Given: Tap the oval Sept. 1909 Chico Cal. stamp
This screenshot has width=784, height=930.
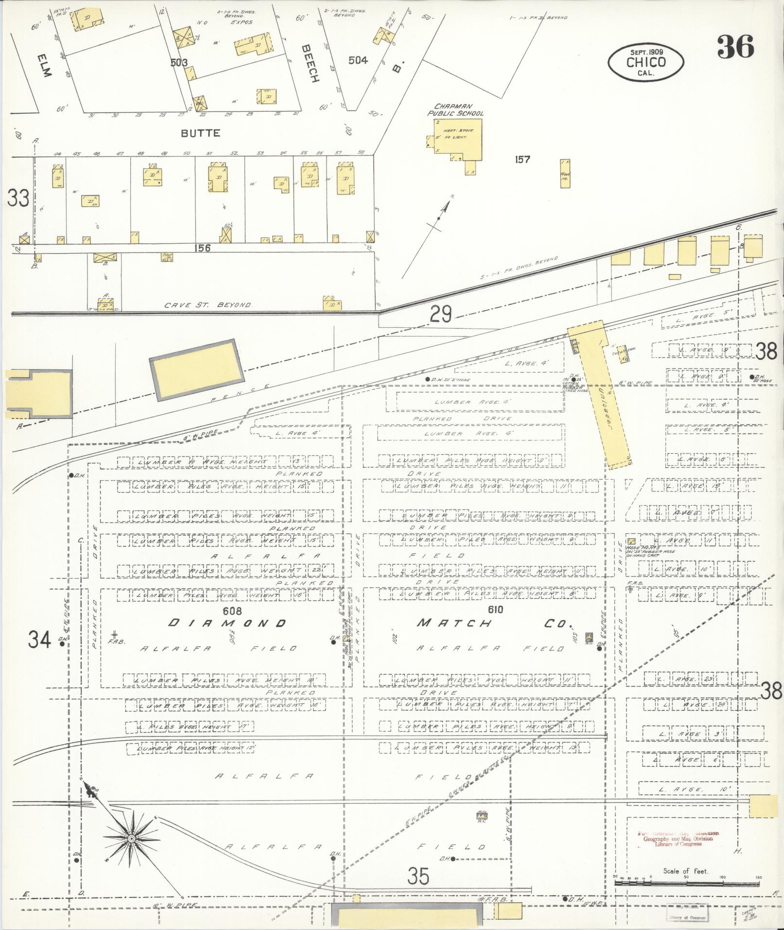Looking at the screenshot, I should [x=645, y=62].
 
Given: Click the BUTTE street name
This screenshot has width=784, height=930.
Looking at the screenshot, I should [x=201, y=133].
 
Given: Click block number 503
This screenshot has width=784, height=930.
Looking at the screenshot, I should [x=179, y=62].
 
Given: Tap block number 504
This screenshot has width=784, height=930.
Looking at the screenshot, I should [x=358, y=60].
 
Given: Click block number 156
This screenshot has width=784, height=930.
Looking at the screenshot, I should [x=201, y=248].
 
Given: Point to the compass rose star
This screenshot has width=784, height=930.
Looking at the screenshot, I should [x=131, y=839].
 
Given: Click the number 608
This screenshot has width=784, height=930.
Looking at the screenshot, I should [x=232, y=610].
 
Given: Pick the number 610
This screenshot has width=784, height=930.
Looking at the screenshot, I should [x=494, y=609].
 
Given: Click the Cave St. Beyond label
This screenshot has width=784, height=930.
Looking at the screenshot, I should [x=208, y=305].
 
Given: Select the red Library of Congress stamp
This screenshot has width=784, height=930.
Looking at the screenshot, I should [x=678, y=839].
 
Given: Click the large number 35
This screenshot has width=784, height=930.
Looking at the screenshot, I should [x=418, y=877].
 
